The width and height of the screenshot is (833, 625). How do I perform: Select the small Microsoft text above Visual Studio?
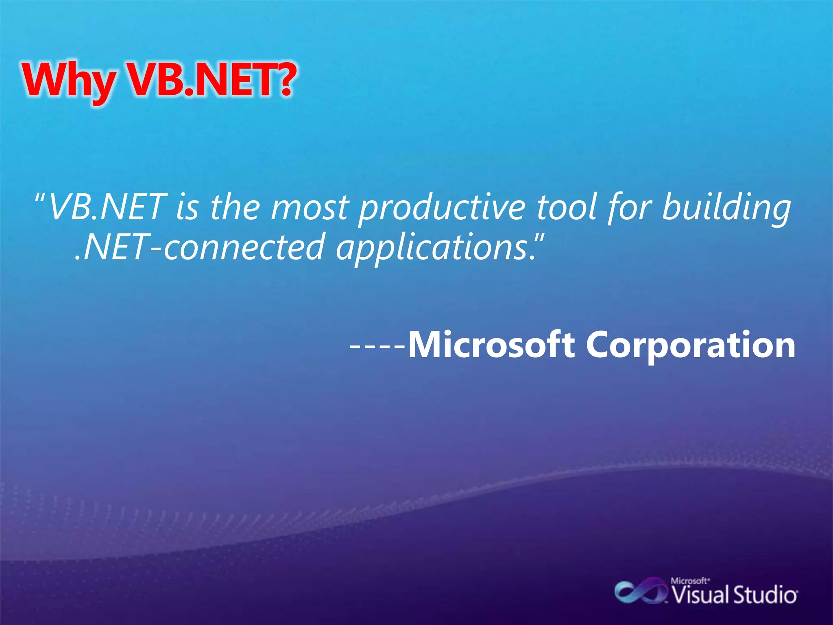point(690,581)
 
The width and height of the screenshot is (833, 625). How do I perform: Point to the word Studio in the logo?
point(765,595)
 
